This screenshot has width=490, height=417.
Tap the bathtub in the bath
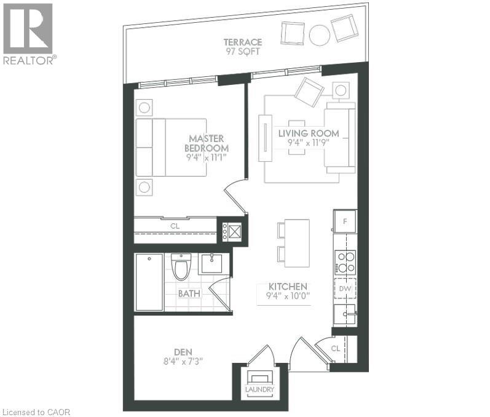[149, 282]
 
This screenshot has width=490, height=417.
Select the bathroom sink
[213, 263]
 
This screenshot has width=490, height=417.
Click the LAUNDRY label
[259, 390]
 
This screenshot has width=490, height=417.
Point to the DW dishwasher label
[345, 288]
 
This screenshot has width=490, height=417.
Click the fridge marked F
[345, 220]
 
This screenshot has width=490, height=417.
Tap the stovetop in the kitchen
[345, 262]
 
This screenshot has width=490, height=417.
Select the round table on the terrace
[320, 35]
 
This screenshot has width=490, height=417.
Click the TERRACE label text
[243, 42]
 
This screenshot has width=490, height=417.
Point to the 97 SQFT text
[243, 52]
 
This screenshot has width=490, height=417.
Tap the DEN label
[183, 352]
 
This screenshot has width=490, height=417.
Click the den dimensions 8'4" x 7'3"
[183, 361]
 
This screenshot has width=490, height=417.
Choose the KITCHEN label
[287, 287]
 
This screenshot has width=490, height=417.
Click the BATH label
[189, 293]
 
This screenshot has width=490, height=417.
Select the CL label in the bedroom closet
[175, 226]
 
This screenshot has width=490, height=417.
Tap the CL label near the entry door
[335, 347]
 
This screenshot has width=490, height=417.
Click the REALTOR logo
[28, 33]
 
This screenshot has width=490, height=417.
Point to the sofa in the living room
[340, 137]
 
